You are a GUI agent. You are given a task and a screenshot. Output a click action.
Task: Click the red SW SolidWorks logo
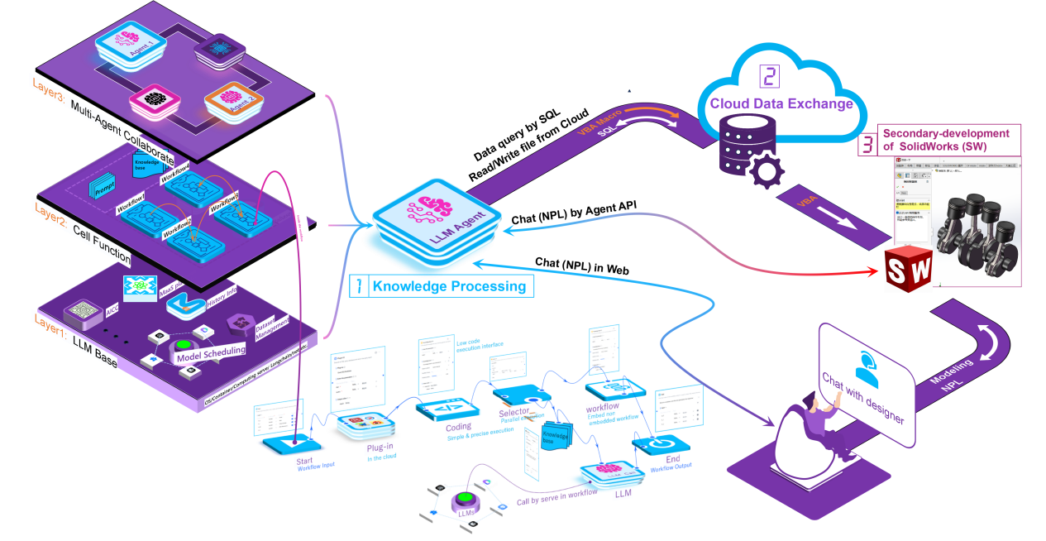(908, 269)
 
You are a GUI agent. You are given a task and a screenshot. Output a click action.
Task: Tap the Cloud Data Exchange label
(781, 104)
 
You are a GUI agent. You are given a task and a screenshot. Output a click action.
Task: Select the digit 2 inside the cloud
(769, 76)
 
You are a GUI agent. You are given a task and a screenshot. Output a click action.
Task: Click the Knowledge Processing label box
(442, 286)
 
